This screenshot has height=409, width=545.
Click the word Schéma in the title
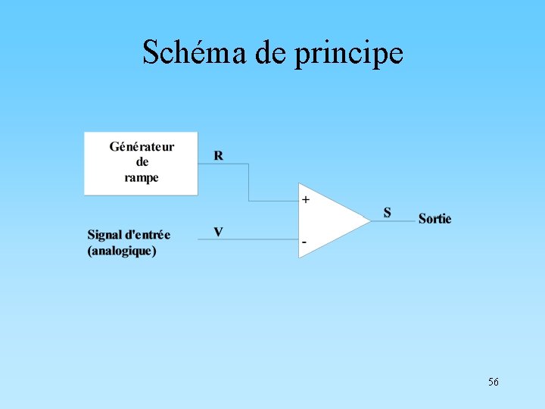point(182,53)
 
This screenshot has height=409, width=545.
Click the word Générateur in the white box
point(142,147)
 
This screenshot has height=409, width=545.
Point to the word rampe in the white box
point(142,178)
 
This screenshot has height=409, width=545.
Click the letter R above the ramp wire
point(219,156)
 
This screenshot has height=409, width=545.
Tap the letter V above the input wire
point(218,232)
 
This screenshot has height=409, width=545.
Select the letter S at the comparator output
point(388,213)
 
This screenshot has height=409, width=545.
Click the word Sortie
point(434,219)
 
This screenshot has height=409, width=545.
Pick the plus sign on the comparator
point(306,200)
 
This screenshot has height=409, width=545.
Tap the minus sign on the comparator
point(305,242)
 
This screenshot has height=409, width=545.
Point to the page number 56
point(494,382)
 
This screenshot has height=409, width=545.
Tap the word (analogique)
point(122,251)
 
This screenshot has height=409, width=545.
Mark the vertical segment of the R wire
point(248,182)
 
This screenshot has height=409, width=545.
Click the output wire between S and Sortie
point(394,221)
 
